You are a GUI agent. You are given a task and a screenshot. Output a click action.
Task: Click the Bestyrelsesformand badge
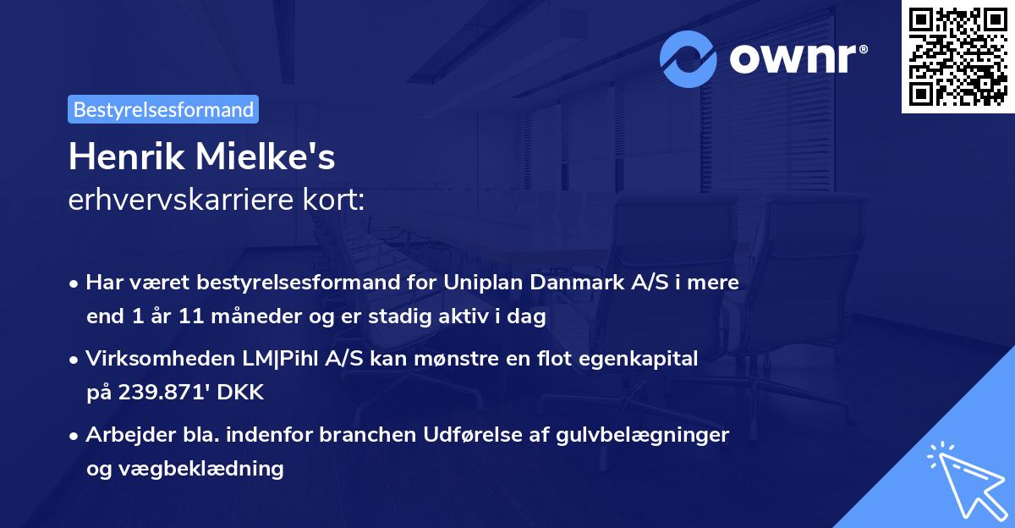tap(163, 109)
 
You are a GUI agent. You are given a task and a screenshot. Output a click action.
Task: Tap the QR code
tap(958, 57)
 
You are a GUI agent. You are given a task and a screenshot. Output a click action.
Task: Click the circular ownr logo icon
tap(689, 58)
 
